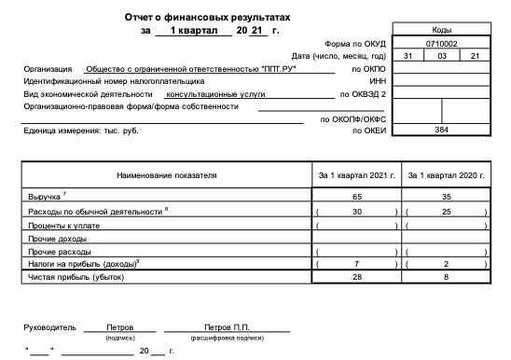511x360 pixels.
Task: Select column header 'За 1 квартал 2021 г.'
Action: click(357, 174)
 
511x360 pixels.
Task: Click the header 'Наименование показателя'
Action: click(167, 174)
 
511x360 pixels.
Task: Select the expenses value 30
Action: click(357, 212)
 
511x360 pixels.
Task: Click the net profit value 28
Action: click(357, 277)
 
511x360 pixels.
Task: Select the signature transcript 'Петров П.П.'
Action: click(228, 327)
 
